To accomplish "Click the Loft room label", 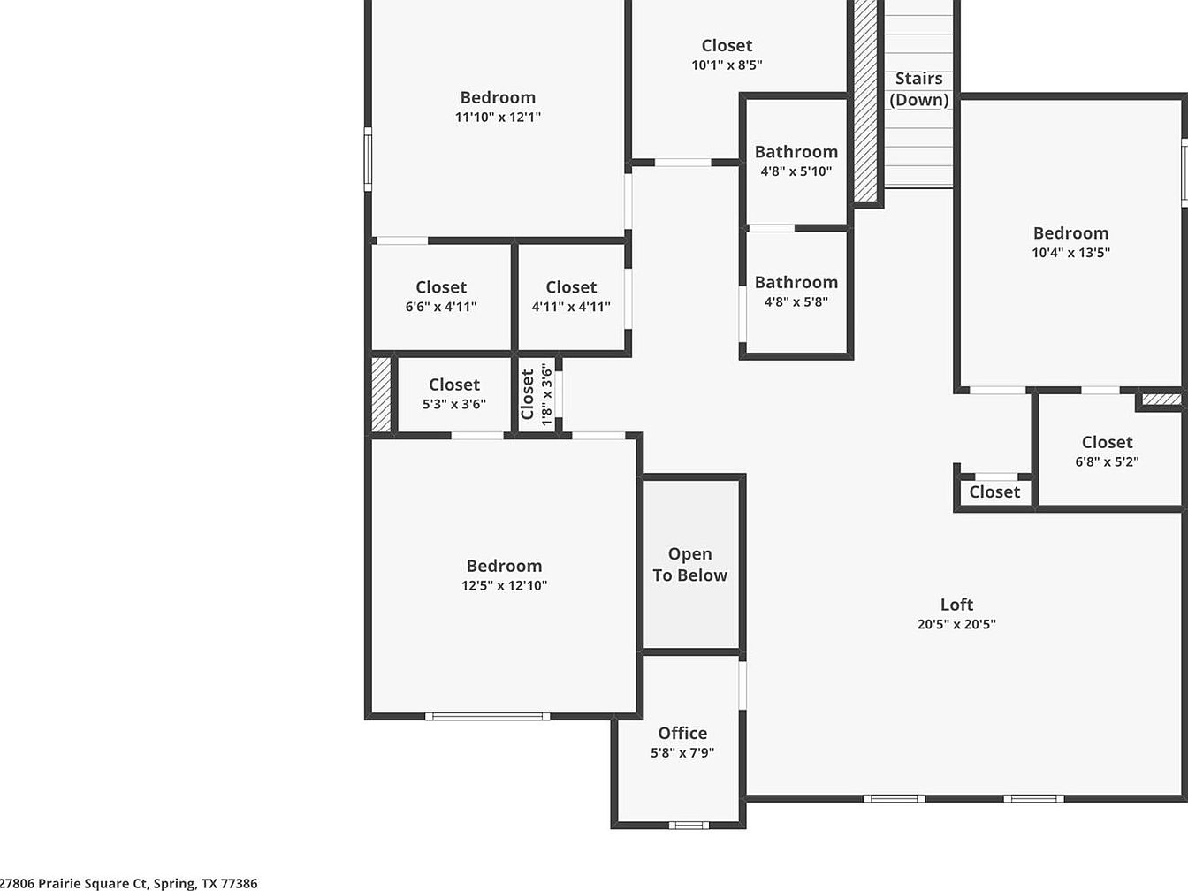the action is pos(956,605).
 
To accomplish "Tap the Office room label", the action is pos(682,733).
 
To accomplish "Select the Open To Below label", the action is pos(690,564).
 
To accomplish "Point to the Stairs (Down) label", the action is pos(919,89).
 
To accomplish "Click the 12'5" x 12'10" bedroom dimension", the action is pos(505,585).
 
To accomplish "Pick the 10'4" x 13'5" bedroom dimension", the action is pos(1071,253).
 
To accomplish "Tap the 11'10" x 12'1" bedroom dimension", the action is pos(498,117).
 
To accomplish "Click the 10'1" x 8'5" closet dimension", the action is pos(727,65).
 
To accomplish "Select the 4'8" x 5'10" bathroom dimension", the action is pos(796,171).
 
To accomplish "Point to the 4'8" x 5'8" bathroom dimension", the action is pos(796,302).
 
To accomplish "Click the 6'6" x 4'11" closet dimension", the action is pos(441,307).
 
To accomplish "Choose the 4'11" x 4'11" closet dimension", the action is pos(571,307).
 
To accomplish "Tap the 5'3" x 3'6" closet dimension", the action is pos(454,404).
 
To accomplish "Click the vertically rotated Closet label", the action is pos(528,394).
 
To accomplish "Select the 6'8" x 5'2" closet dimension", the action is pos(1107,461).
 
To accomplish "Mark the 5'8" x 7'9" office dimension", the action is pos(682,752).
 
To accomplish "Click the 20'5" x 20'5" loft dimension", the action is pos(956,624).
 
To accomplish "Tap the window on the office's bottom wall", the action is pos(689,825).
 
